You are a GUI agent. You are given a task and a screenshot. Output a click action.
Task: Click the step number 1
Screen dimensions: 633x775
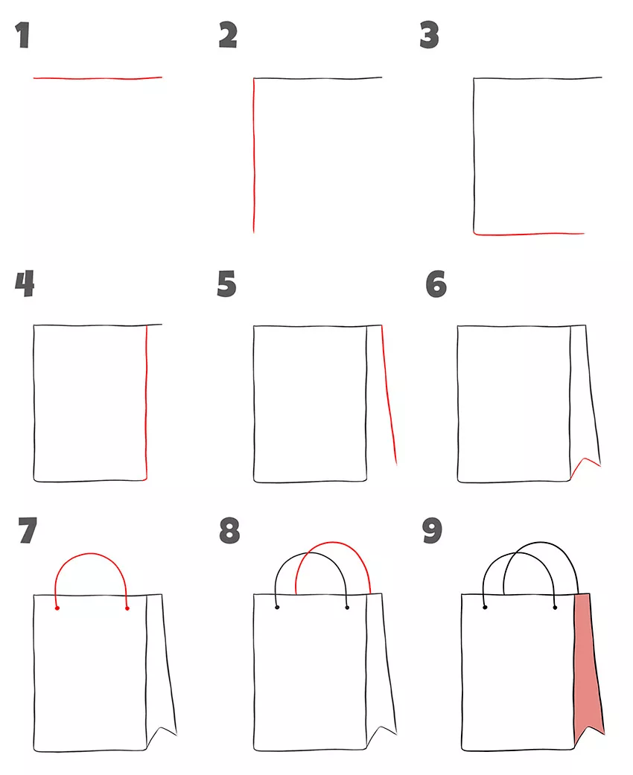point(23,35)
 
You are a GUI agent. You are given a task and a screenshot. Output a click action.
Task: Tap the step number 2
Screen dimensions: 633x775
point(228,35)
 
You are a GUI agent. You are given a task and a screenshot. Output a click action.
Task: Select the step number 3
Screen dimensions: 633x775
point(429,35)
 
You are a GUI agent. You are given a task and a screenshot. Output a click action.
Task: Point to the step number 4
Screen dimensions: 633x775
point(25,284)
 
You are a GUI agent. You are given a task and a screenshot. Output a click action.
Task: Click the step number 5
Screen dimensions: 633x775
point(226,284)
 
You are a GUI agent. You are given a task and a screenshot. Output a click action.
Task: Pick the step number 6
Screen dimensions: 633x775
point(436,284)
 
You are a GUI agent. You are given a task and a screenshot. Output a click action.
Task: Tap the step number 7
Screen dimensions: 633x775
point(28,530)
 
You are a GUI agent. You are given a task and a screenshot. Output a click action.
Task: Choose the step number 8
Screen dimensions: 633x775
point(229,530)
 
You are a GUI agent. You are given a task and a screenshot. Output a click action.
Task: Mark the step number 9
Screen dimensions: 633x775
point(432,530)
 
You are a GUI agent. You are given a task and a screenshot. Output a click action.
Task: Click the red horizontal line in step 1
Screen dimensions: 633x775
point(98,78)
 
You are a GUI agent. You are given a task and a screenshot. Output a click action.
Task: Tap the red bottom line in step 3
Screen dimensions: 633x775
point(529,234)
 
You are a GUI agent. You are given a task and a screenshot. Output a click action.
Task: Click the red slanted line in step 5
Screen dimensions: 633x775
point(389,395)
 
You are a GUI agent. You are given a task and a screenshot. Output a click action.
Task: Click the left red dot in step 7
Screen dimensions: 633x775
point(57,608)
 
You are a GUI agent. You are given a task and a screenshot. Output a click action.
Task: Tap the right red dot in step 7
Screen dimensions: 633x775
point(127,608)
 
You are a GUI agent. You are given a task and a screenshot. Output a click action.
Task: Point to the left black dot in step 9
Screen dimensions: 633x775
point(485,607)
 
